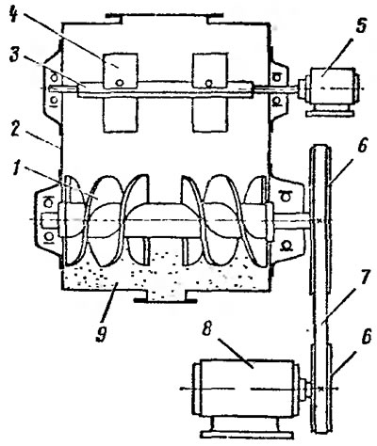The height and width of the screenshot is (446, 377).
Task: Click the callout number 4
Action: [x=13, y=14]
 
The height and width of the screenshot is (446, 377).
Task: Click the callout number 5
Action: [x=361, y=26]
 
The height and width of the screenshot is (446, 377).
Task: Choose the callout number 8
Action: [x=206, y=328]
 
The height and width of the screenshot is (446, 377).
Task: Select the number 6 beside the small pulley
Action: [x=365, y=337]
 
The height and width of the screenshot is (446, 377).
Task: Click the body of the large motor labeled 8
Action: [x=248, y=389]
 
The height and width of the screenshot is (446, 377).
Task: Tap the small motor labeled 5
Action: [x=330, y=88]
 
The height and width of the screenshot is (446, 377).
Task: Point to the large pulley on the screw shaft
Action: [x=320, y=219]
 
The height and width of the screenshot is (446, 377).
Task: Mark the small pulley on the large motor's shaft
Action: [x=321, y=389]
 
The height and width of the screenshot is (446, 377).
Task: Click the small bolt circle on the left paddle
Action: [x=119, y=82]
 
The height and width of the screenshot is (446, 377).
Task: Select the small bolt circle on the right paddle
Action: [x=208, y=83]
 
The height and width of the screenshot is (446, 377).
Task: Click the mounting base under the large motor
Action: [x=247, y=428]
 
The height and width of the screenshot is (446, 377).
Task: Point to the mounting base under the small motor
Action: [x=329, y=112]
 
